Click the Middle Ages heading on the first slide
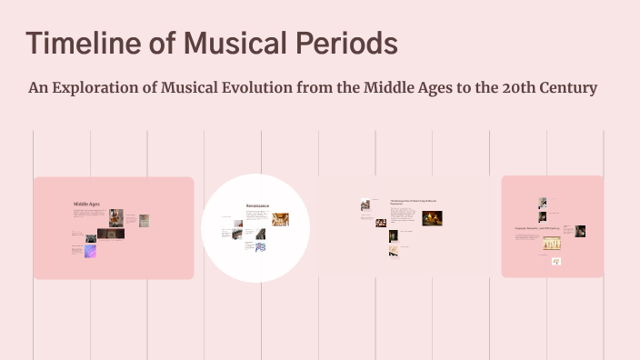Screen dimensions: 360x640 [86, 205]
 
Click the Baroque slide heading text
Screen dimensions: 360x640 [414, 203]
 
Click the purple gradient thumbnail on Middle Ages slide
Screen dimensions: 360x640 [91, 251]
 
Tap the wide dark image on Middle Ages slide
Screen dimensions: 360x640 [110, 234]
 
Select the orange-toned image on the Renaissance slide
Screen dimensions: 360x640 [280, 219]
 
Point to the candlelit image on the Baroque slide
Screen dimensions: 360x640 [432, 218]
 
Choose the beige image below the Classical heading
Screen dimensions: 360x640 [552, 244]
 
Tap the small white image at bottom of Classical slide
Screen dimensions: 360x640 [556, 262]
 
